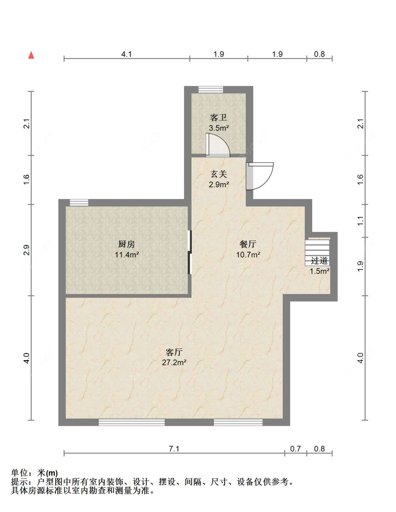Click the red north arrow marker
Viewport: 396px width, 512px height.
31,55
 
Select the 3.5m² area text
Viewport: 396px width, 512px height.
219,128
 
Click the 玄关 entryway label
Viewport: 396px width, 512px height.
219,174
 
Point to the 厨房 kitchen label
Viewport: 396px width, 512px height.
126,244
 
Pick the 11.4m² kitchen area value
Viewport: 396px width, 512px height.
127,255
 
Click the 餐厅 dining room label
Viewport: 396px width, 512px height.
248,244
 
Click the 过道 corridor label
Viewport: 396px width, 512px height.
319,261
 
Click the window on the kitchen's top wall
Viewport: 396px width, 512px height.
79,202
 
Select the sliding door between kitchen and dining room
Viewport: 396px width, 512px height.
190,252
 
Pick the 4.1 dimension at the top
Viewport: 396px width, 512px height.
126,54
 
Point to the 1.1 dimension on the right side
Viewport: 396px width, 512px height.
361,221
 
